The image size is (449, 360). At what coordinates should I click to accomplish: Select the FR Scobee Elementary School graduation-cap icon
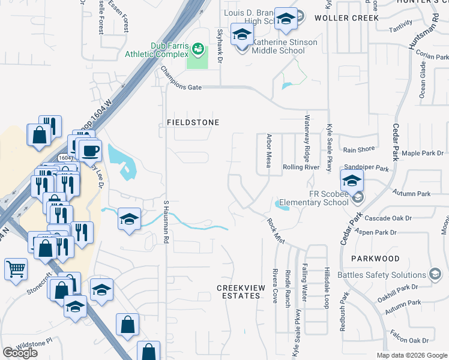coord(352,179)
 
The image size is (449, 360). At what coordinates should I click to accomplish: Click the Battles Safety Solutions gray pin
coord(435,275)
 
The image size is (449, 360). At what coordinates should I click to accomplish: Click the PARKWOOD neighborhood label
coord(377,259)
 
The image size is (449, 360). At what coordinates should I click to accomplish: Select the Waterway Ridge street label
coord(307,142)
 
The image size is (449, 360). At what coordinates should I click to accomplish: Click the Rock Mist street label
coord(276,230)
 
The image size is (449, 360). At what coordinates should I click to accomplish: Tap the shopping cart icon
coord(16,269)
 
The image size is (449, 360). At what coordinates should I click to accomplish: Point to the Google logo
coord(20,353)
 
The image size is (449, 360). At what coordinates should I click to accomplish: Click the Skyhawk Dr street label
coord(220,47)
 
